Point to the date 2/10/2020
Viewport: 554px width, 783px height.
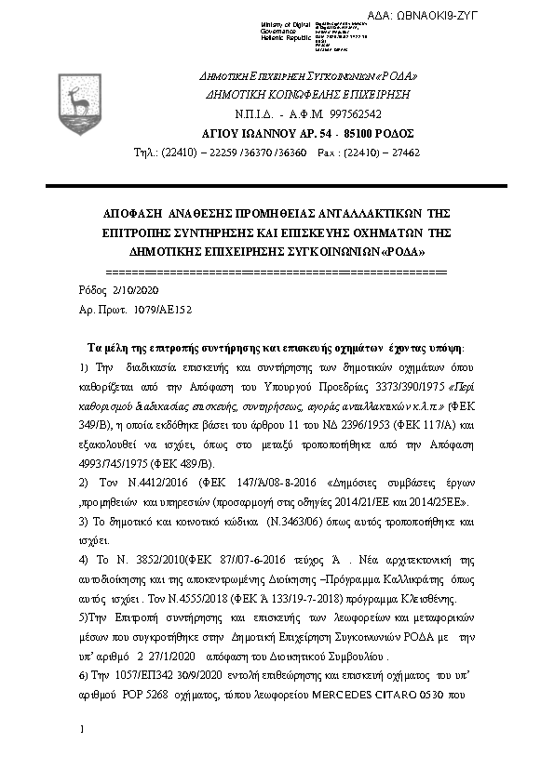[x=113, y=290]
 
